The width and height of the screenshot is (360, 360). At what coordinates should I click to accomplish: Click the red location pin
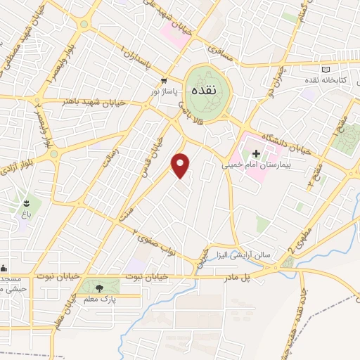pos(181,165)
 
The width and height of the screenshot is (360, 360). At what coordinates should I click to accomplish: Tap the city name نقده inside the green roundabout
pos(207,91)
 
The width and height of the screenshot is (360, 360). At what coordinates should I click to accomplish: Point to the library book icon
pos(325,69)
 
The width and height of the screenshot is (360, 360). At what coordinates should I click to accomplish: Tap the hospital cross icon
pos(256,153)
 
